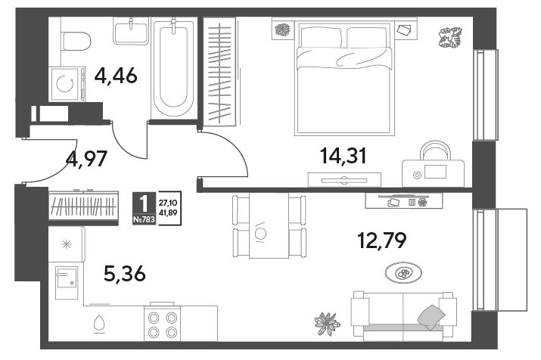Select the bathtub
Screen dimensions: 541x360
click(174, 68)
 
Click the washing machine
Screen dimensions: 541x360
click(67, 85)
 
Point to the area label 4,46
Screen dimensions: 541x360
click(116, 76)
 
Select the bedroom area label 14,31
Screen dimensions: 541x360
click(344, 156)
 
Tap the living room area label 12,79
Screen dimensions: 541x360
click(382, 241)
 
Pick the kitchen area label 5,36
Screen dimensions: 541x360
click(125, 274)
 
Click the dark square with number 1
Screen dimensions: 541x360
click(145, 203)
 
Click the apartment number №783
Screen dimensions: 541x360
click(145, 219)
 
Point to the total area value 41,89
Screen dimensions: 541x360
click(168, 213)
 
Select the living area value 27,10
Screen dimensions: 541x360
click(168, 203)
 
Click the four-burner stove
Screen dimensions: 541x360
click(162, 324)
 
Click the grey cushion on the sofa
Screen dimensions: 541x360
click(431, 317)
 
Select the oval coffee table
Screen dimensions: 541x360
click(403, 273)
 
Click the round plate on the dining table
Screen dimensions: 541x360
click(260, 234)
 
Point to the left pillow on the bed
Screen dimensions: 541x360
click(321, 37)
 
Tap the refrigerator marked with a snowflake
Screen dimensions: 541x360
click(67, 244)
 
